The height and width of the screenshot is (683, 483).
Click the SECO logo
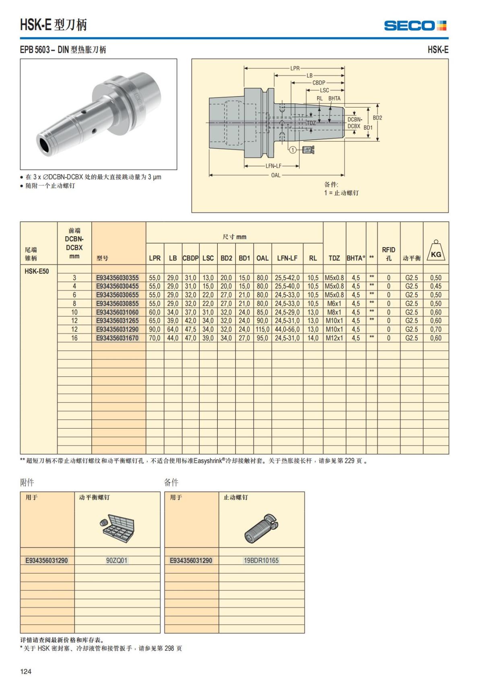click(x=415, y=26)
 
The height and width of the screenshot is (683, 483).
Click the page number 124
click(x=26, y=671)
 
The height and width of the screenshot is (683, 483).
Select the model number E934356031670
click(x=117, y=338)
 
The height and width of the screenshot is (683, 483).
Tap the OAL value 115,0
click(x=262, y=329)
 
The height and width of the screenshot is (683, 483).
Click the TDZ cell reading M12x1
click(x=334, y=338)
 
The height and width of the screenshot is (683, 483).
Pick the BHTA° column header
click(x=356, y=258)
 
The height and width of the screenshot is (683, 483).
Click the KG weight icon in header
click(x=436, y=251)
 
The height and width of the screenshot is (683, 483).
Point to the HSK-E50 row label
click(x=37, y=271)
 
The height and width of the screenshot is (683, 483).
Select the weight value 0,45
click(x=436, y=286)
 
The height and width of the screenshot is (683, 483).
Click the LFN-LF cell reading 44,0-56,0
click(x=287, y=329)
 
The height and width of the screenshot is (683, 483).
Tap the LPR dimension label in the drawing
click(x=295, y=68)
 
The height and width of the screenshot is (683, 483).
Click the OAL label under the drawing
click(x=276, y=175)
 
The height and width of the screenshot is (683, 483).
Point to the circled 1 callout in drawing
click(x=293, y=150)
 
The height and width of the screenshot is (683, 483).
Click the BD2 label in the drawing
click(x=377, y=118)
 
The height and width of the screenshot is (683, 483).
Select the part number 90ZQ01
click(x=117, y=560)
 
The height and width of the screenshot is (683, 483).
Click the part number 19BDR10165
click(x=261, y=560)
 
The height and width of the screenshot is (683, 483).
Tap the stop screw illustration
click(x=262, y=528)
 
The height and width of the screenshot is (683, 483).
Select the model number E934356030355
click(x=117, y=278)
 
